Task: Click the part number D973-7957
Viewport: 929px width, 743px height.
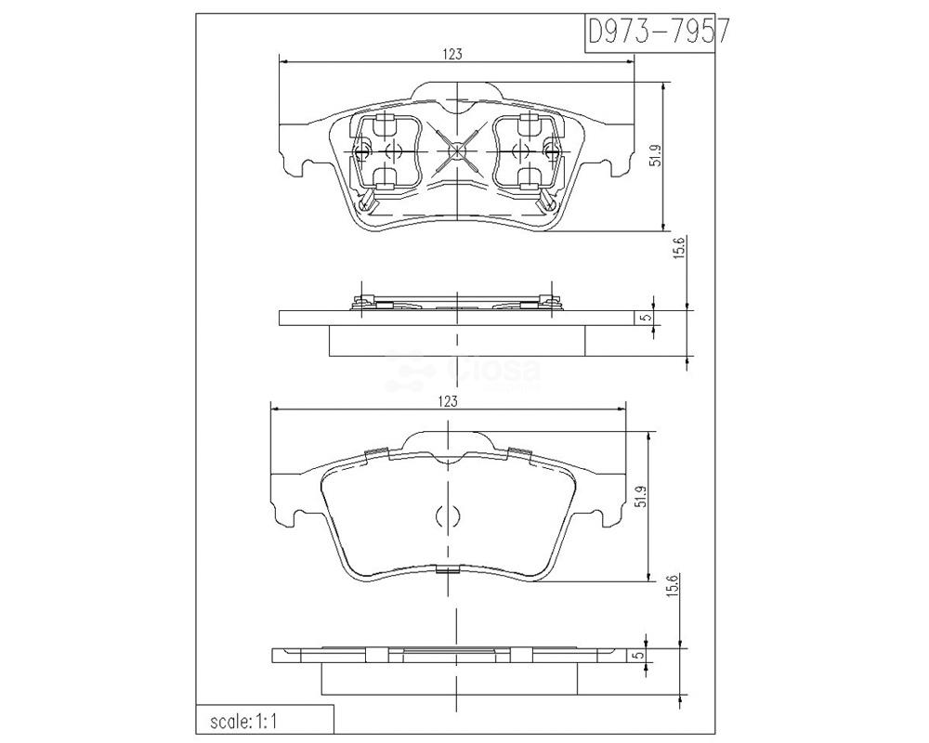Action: coord(657,32)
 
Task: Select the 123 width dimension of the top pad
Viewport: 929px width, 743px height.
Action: coord(452,55)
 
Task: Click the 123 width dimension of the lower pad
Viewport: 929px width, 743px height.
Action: coord(448,401)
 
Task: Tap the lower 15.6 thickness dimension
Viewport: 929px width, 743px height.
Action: coord(674,586)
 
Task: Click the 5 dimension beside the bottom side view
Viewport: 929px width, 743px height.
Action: coord(637,656)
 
